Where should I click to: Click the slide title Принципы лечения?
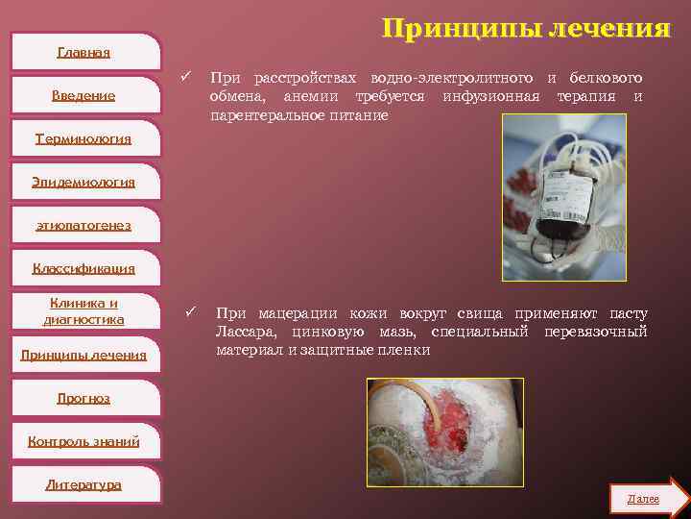point(525,29)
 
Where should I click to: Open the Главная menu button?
point(83,52)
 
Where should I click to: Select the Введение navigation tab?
point(83,95)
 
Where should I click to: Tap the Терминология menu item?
point(83,138)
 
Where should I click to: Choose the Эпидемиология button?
point(83,182)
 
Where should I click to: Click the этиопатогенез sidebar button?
point(83,225)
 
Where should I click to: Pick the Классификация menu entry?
point(83,268)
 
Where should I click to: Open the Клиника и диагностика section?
point(83,311)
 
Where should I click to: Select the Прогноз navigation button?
point(83,398)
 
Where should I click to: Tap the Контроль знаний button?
point(83,441)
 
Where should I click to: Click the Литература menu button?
point(83,484)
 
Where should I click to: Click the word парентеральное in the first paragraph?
point(254,115)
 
